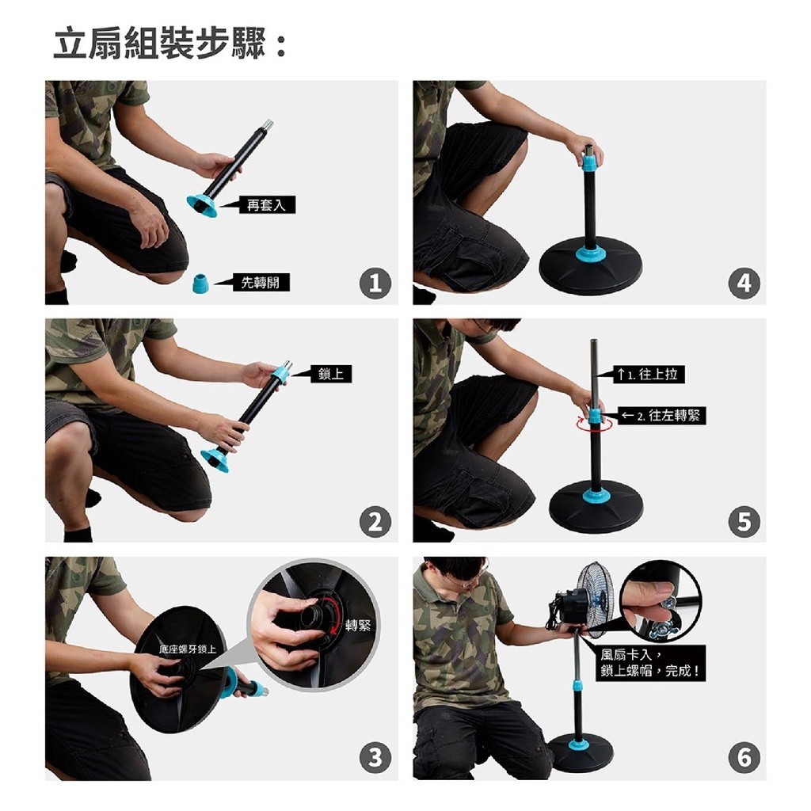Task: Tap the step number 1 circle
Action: (x=375, y=283)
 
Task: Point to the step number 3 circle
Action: (x=375, y=758)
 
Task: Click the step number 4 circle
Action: (x=744, y=283)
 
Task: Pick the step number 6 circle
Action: (x=744, y=758)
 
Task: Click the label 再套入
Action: (x=266, y=205)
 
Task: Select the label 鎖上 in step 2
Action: (x=330, y=374)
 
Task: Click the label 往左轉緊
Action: (x=661, y=415)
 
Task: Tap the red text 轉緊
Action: (x=358, y=626)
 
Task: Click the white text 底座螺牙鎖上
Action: (x=188, y=649)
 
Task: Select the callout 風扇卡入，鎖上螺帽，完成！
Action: (x=651, y=664)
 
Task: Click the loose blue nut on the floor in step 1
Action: (x=200, y=284)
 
